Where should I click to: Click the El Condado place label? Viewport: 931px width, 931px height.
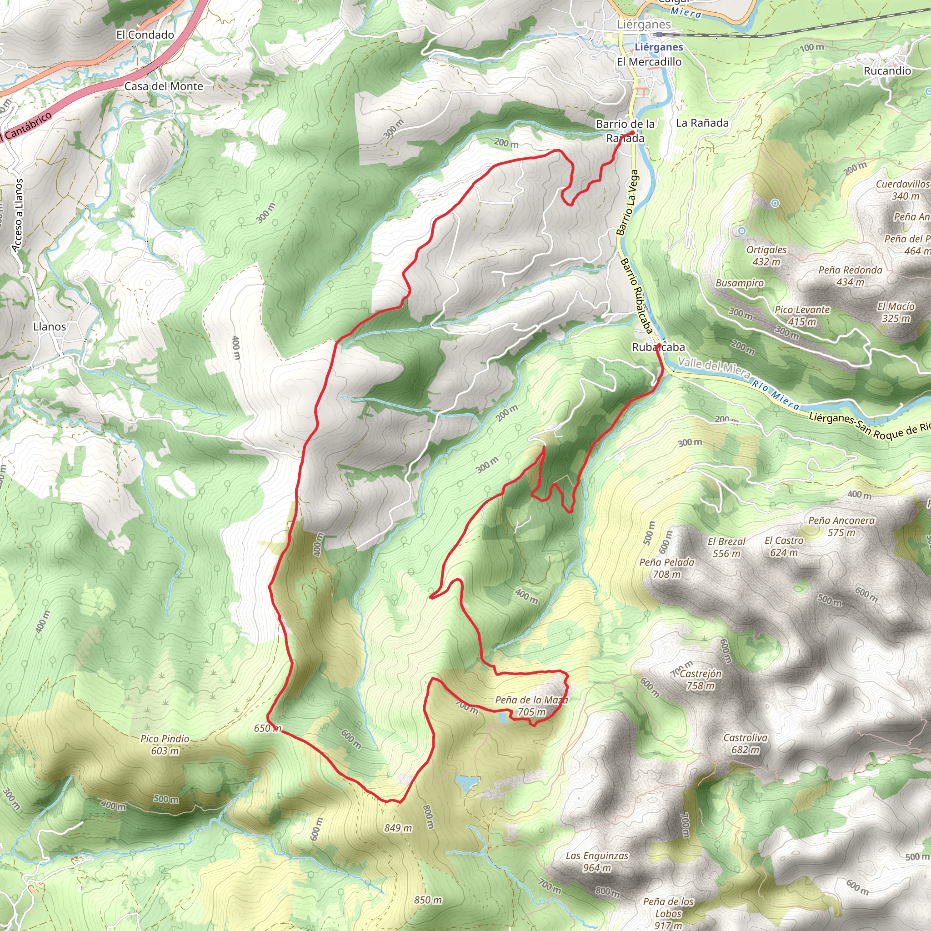pos(145,35)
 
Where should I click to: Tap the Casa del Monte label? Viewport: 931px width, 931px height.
pos(164,87)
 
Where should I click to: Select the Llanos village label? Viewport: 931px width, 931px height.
pos(50,327)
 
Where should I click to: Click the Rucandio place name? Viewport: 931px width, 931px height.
pos(887,71)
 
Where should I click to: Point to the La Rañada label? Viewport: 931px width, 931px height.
pos(702,123)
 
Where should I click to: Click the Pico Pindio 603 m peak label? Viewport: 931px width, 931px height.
pos(165,745)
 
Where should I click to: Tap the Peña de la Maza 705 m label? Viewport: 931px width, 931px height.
pos(531,706)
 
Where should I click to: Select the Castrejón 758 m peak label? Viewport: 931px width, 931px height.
pos(701,680)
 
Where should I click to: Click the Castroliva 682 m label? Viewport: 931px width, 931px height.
pos(746,744)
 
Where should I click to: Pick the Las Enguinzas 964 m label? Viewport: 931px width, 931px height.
pos(597,862)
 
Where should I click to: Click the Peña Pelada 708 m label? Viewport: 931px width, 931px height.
pos(667,568)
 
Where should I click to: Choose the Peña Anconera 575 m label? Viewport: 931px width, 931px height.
pos(841,526)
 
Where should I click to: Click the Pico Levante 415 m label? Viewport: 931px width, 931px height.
pos(802,315)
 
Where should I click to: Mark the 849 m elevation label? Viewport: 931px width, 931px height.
pos(398,828)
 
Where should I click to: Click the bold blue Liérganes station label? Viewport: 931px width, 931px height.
pos(659,47)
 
